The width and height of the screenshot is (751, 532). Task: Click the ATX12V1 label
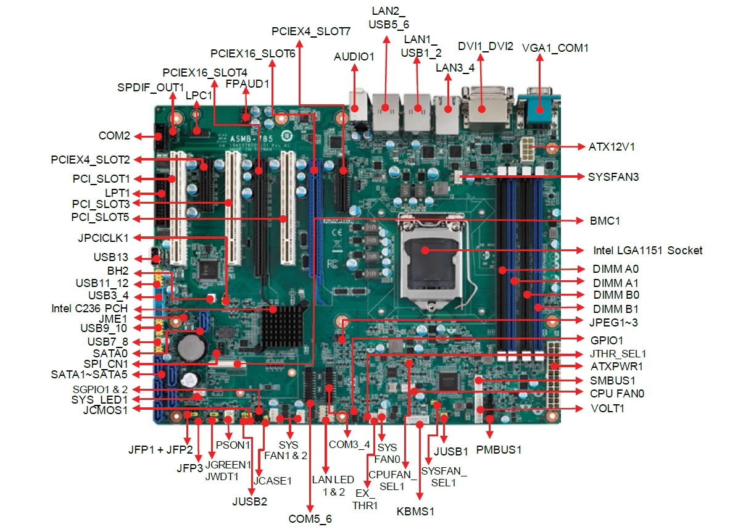(612, 147)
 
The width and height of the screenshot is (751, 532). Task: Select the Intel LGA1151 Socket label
(647, 251)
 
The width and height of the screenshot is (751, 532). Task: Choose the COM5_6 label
(309, 519)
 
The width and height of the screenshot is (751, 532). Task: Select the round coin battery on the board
(192, 347)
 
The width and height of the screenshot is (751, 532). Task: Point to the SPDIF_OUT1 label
(151, 87)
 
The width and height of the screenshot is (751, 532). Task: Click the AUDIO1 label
(354, 57)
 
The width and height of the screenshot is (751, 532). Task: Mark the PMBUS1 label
(499, 450)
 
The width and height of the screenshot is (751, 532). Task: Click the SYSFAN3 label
(613, 177)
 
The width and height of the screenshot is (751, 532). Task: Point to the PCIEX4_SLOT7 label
(311, 31)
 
